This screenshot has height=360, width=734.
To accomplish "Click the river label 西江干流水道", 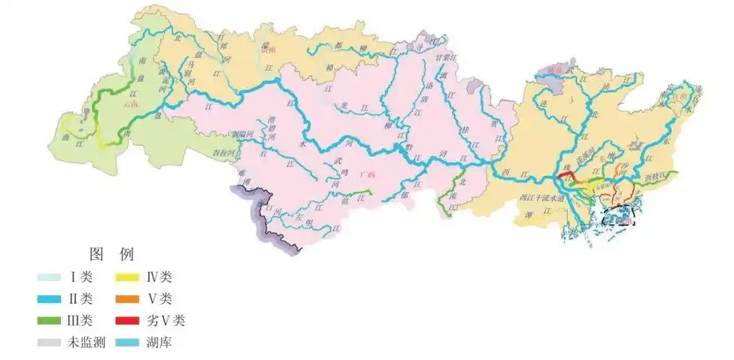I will point(540,198).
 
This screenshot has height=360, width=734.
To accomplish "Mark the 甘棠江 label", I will point(444,56).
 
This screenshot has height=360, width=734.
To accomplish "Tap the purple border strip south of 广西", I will point(263,218).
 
